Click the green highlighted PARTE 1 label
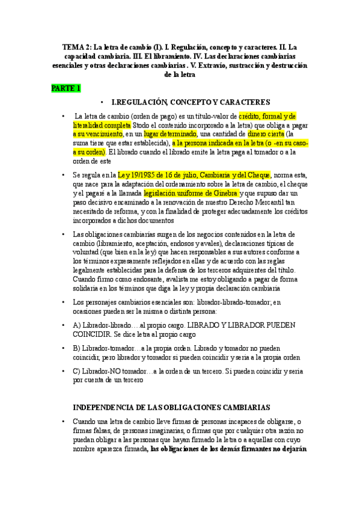tap(66, 88)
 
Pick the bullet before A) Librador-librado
tap(64, 325)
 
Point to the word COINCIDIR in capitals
tap(92, 334)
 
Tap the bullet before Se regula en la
tap(64, 175)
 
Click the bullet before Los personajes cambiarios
tap(64, 303)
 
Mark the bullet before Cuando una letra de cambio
tap(64, 422)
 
